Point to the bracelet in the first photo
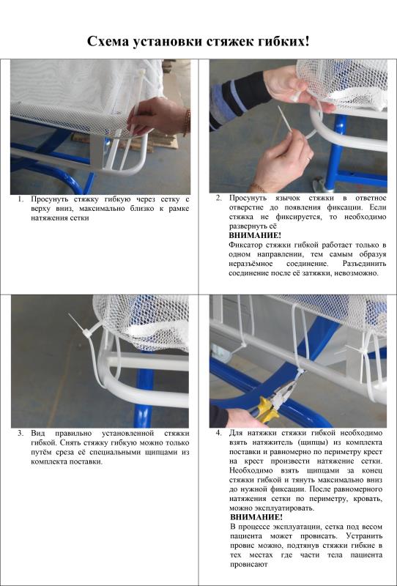coord(186,122)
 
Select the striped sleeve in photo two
coord(240,98)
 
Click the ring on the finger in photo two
coord(308,159)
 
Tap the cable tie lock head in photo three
coord(86,332)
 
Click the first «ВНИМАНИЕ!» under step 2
coord(255,236)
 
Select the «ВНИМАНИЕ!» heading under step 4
coord(256,518)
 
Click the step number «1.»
coord(21,199)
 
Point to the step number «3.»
coord(21,434)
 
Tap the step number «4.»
coord(219,433)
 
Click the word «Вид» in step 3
coord(38,434)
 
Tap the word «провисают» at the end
coord(248,564)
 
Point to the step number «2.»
coord(219,198)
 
